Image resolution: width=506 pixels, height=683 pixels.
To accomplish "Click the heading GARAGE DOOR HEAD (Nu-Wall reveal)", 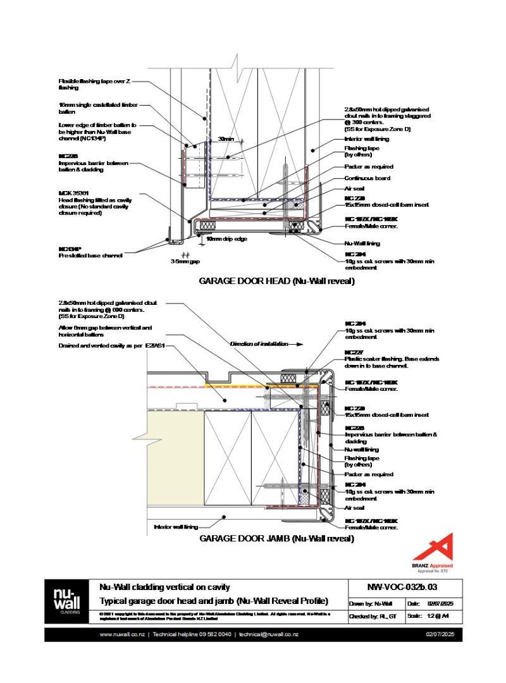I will pyautogui.click(x=276, y=281).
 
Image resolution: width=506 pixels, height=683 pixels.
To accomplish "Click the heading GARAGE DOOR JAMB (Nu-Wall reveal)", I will pyautogui.click(x=276, y=538).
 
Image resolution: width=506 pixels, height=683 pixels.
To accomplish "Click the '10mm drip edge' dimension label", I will pyautogui.click(x=225, y=239).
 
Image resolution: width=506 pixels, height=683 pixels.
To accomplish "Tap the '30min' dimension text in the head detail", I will pyautogui.click(x=226, y=138).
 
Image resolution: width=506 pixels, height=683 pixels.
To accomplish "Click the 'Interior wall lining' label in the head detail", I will pyautogui.click(x=367, y=138).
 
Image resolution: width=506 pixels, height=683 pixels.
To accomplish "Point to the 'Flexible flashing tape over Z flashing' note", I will pyautogui.click(x=95, y=85).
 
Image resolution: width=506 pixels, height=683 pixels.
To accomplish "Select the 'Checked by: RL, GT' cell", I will pyautogui.click(x=374, y=615).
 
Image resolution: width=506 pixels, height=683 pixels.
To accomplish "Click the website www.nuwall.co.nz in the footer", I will pyautogui.click(x=122, y=634).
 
